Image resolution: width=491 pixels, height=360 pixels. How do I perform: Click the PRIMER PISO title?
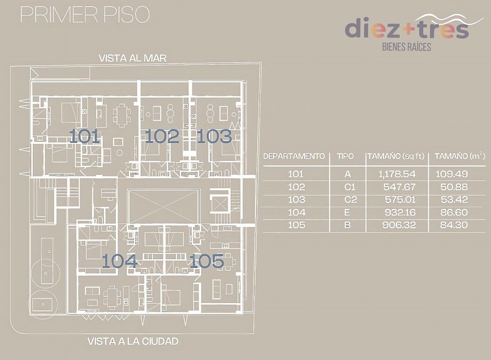[85, 15]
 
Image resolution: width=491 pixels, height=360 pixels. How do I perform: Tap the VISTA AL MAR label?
[133, 58]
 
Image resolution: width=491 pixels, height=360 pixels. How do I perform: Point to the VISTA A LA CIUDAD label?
[133, 341]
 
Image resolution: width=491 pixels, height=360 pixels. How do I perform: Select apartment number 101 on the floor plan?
[85, 136]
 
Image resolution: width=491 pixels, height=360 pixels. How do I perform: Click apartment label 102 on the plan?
[162, 136]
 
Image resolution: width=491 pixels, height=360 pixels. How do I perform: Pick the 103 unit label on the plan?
[214, 136]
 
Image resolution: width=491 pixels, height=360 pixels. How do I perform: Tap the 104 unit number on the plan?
[119, 260]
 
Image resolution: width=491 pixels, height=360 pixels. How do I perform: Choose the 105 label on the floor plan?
[207, 260]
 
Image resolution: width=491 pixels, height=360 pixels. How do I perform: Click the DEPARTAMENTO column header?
[294, 156]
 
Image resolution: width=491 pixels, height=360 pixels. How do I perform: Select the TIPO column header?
[345, 156]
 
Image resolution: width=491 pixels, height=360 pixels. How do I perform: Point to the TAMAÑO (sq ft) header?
[396, 156]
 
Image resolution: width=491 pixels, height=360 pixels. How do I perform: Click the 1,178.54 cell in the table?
[397, 174]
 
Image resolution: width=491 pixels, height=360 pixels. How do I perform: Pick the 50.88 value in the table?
[454, 187]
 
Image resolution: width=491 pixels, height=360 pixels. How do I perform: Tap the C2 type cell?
[351, 199]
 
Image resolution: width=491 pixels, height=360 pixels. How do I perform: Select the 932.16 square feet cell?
[400, 212]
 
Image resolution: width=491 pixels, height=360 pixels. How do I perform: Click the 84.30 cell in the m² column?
[454, 225]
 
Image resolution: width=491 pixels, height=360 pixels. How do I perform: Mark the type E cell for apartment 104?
[347, 212]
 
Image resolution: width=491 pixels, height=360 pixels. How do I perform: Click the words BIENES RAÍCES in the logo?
[407, 47]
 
